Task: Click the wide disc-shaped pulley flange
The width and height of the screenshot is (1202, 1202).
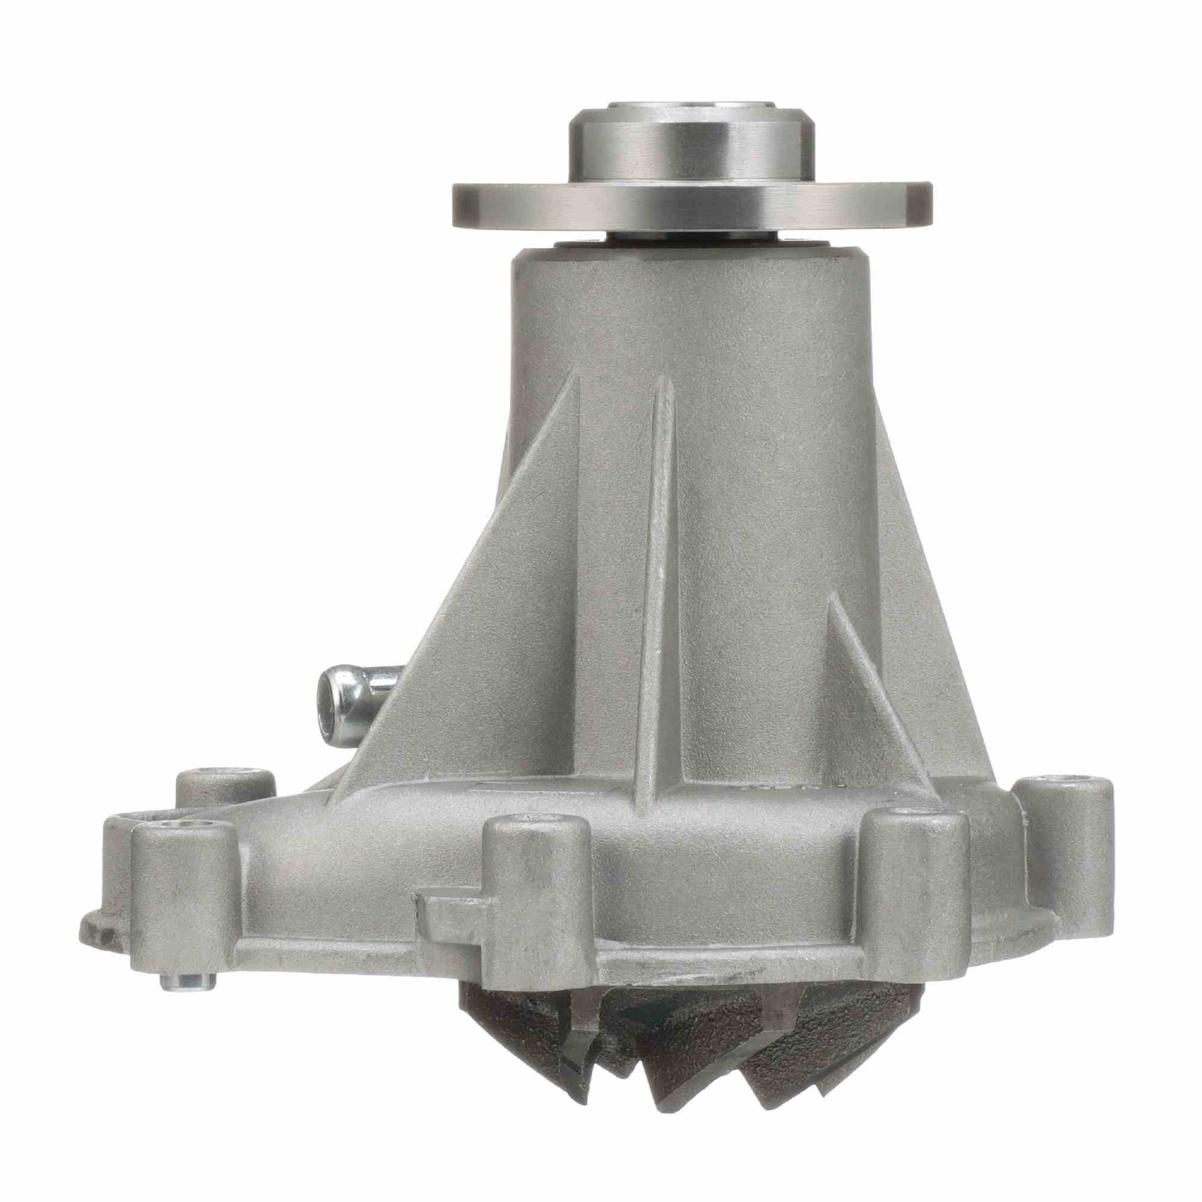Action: [x=691, y=206]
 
